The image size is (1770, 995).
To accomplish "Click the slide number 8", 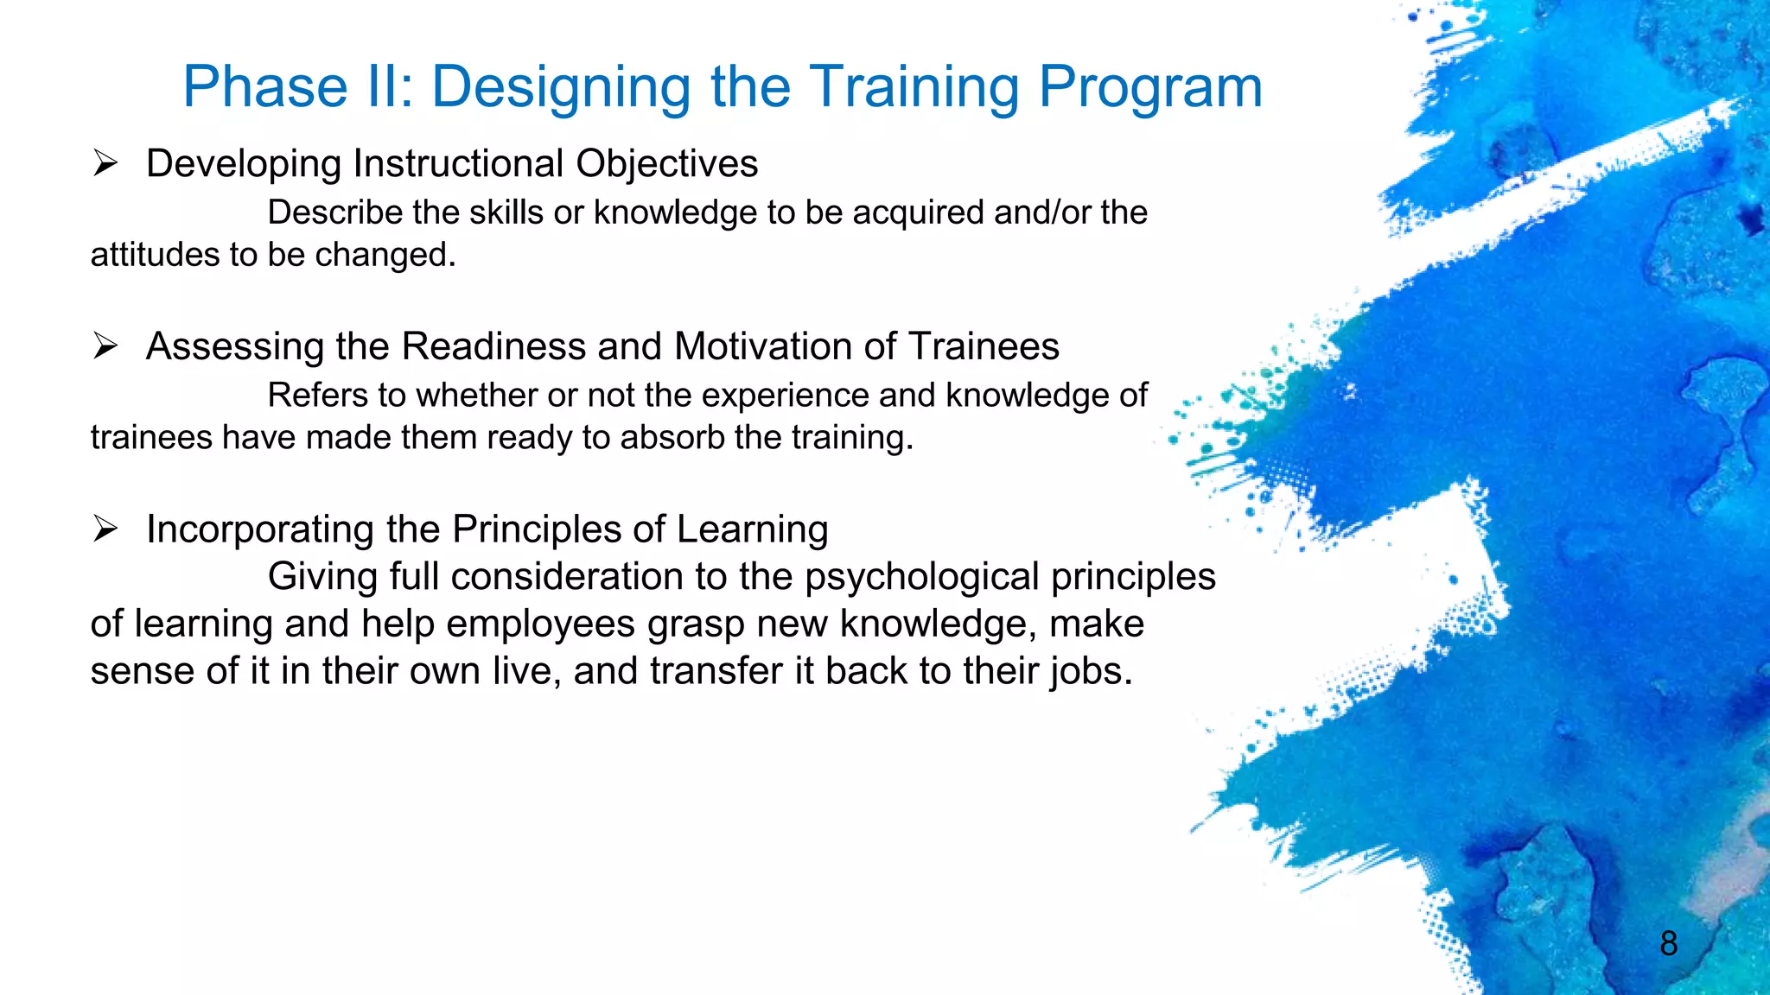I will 1668,943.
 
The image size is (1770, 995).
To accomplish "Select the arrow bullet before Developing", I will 105,163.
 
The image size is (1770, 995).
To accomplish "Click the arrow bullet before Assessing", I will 105,346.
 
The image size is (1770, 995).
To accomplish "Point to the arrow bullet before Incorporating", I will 105,529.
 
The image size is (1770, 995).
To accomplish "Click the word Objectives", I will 666,164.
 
